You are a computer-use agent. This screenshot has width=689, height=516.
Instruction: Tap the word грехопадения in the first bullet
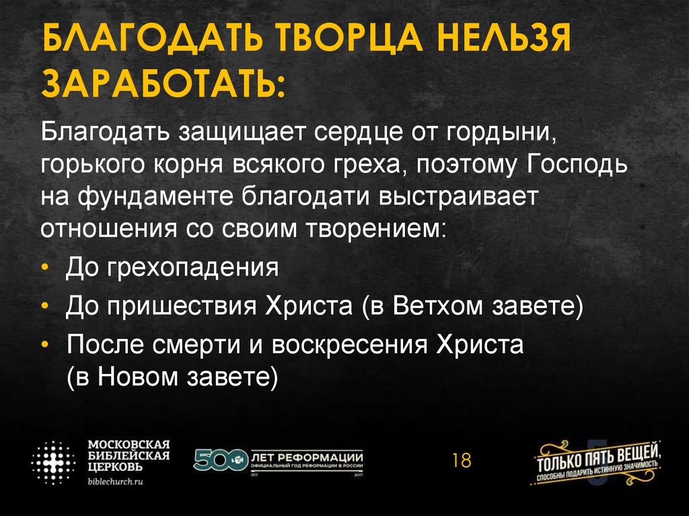click(x=196, y=267)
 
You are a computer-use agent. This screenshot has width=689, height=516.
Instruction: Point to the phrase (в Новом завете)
click(x=172, y=377)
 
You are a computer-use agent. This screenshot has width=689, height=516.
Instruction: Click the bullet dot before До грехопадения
click(x=44, y=268)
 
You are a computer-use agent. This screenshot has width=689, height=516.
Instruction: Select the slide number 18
click(x=462, y=462)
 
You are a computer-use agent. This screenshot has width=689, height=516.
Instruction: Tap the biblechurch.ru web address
click(x=116, y=482)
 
